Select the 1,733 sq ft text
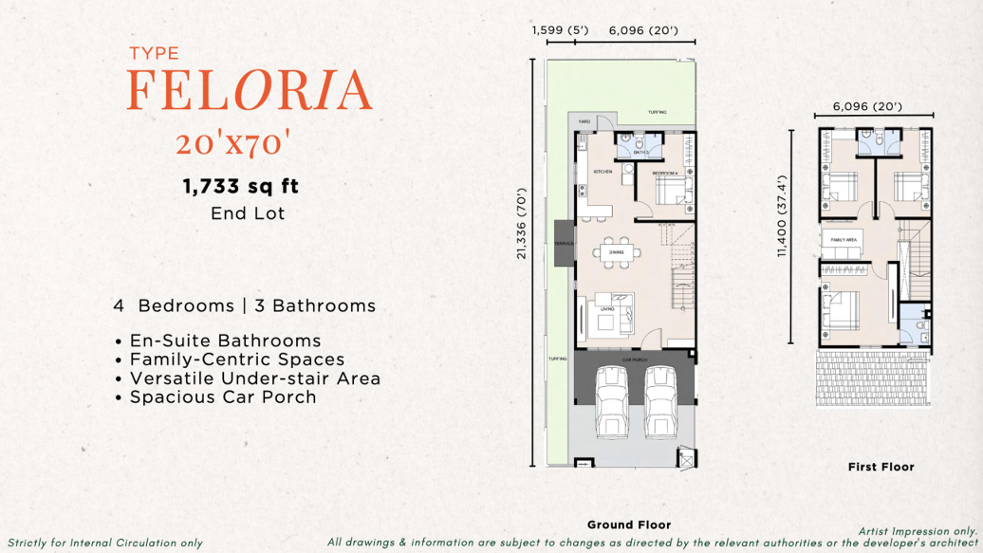pos(241,187)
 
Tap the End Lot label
pos(248,213)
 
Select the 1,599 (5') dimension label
pos(560,30)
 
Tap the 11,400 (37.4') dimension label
pos(783,216)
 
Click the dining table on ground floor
pos(617,252)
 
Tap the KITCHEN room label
pos(603,172)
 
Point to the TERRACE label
pos(564,244)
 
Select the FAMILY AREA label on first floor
pos(844,241)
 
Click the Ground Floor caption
pos(628,525)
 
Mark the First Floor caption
pos(881,467)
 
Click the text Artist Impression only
pos(918,531)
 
